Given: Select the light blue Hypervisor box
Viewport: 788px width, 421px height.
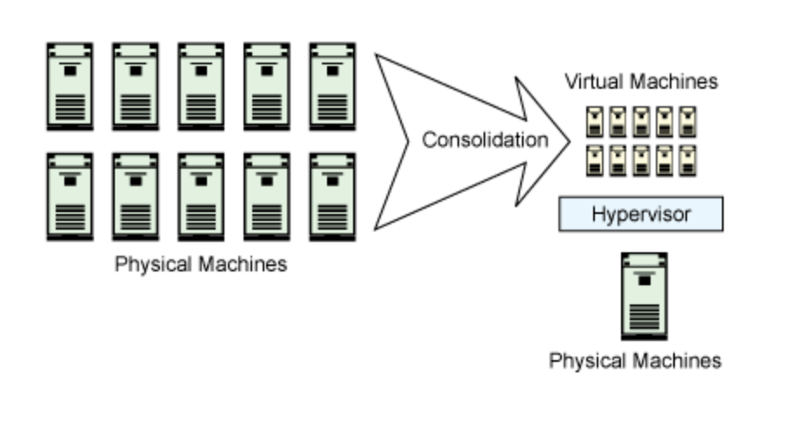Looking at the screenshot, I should point(640,214).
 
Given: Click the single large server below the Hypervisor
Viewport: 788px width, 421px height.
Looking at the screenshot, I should point(644,296).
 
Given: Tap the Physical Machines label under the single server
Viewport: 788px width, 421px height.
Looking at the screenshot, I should point(635,360).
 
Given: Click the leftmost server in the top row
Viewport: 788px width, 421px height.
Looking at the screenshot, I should point(70,85).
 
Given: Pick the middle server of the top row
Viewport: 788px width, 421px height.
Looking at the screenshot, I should point(201,85).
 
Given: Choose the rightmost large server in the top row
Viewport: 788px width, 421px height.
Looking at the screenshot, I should point(332,85).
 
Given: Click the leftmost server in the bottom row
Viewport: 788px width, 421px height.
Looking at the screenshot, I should point(70,197).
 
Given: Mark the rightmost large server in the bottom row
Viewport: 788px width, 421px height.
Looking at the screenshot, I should point(332,197).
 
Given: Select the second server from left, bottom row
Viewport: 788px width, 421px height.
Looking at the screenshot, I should point(136,197).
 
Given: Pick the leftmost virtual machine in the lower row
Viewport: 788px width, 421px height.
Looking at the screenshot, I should point(594,160).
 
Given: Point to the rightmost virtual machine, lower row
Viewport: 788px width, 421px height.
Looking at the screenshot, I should point(687,160).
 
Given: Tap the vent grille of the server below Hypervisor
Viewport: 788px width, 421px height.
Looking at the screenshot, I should point(644,317).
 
